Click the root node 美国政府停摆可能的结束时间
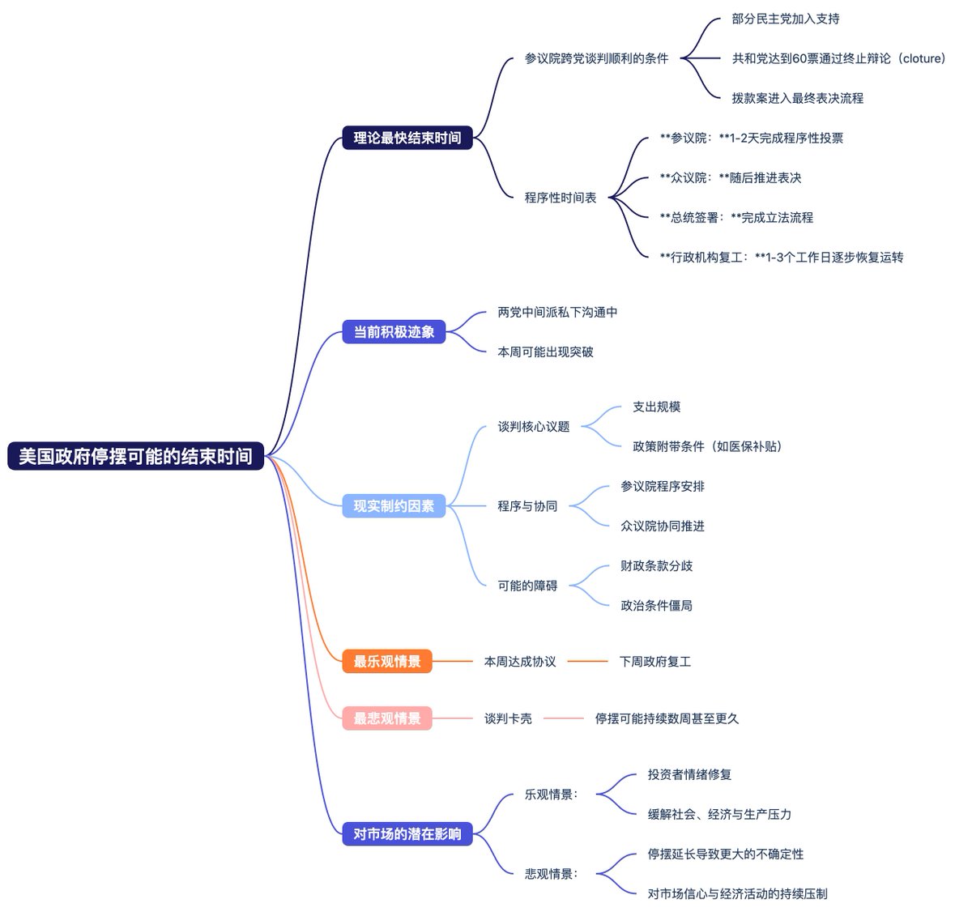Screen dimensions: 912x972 click(x=135, y=456)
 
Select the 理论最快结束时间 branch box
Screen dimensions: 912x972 click(x=407, y=138)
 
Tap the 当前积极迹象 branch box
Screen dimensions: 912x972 click(x=394, y=332)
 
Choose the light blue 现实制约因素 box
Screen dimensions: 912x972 click(x=394, y=506)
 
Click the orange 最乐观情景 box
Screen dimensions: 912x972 click(x=387, y=662)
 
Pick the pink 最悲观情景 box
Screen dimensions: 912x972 click(x=387, y=718)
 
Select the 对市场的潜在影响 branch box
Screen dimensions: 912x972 click(x=407, y=834)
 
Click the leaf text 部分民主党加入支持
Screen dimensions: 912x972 click(x=785, y=19)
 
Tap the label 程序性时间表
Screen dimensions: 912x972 click(x=560, y=198)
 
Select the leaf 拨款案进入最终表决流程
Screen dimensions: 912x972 click(x=797, y=98)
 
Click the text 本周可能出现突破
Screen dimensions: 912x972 click(x=545, y=352)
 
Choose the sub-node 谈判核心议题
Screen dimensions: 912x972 click(x=533, y=427)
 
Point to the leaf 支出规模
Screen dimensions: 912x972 click(x=656, y=407)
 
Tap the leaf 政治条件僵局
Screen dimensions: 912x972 click(x=656, y=606)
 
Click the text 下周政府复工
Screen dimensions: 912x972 click(x=654, y=662)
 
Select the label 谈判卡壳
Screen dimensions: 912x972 click(x=508, y=718)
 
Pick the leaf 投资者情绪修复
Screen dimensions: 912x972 click(x=689, y=774)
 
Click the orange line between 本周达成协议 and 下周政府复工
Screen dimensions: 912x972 click(x=587, y=662)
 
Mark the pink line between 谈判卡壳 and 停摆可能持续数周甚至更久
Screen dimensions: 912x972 click(x=563, y=718)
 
